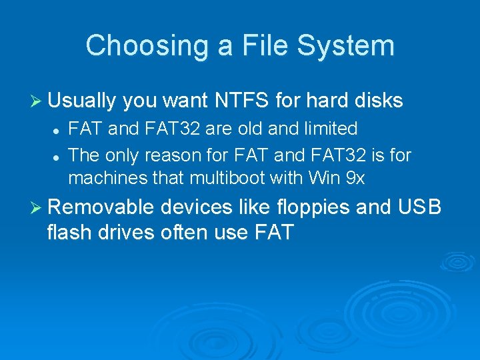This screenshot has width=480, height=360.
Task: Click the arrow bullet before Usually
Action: coord(39,101)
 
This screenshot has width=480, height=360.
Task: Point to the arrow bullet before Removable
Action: coord(39,207)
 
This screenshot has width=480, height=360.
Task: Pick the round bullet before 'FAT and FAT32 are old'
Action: coord(58,129)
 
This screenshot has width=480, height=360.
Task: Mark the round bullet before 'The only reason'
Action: coord(58,156)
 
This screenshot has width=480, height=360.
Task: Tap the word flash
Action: coord(71,233)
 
